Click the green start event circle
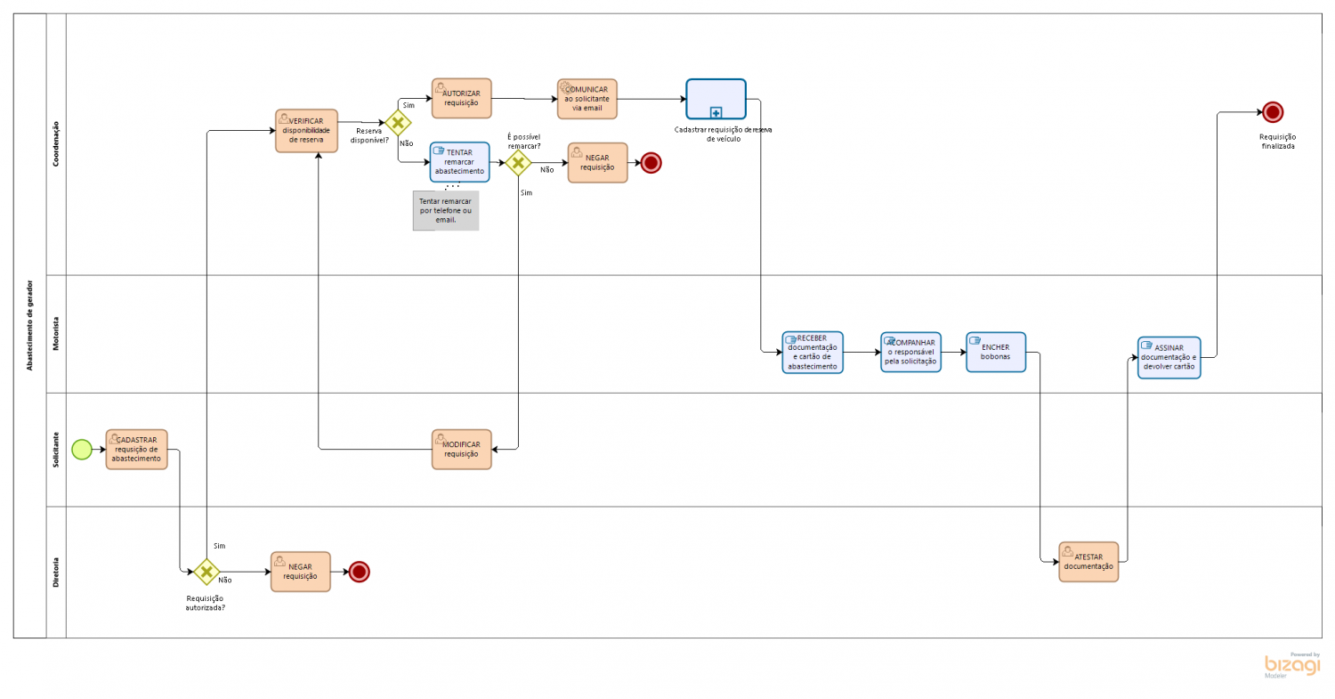(81, 449)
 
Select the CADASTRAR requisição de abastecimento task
(136, 449)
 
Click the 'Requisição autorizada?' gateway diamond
(206, 571)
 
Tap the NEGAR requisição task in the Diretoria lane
(300, 571)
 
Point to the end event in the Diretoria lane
(359, 572)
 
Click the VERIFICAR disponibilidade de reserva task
(306, 131)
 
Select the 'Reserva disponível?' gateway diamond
(397, 123)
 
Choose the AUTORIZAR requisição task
(461, 98)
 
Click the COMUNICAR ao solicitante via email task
(587, 98)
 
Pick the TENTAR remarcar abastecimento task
(459, 162)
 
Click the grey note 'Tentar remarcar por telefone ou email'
(445, 211)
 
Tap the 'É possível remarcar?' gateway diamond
(517, 163)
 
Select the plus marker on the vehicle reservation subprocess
(716, 112)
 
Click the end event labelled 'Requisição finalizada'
(1272, 112)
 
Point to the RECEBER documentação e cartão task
(812, 353)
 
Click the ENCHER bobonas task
(995, 352)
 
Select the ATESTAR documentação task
(1088, 561)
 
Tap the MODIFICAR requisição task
(461, 449)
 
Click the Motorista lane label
(56, 334)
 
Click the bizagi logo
(1292, 665)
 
